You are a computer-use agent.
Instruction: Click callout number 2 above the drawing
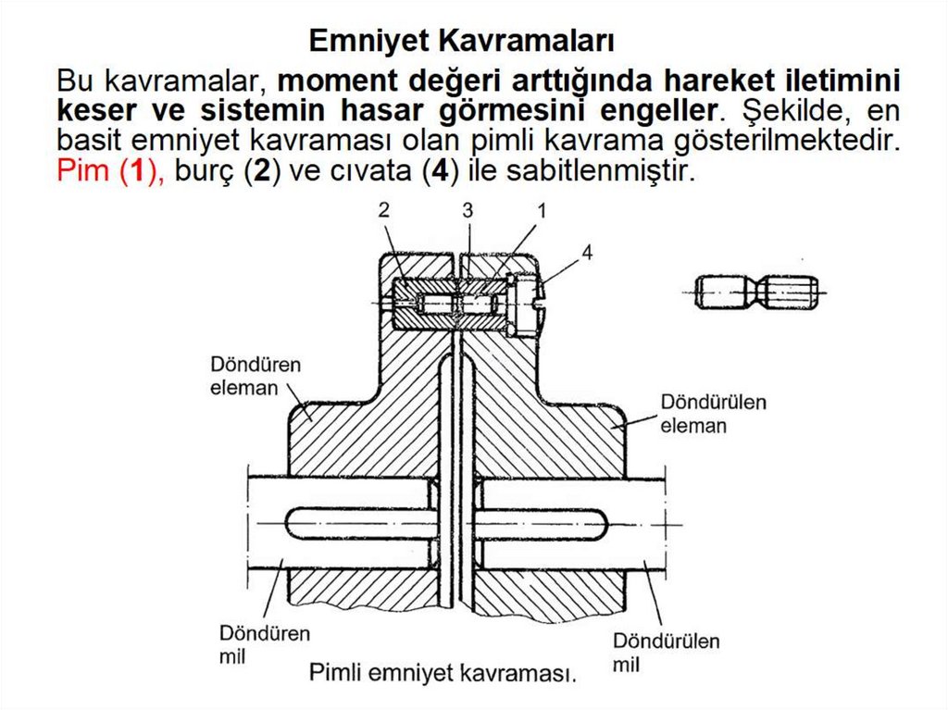coord(383,211)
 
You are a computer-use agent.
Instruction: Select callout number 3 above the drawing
coord(468,211)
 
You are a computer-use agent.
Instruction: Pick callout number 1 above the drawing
coord(541,211)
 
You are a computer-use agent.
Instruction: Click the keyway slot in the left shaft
coord(357,524)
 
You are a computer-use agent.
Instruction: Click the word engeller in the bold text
coord(652,110)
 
